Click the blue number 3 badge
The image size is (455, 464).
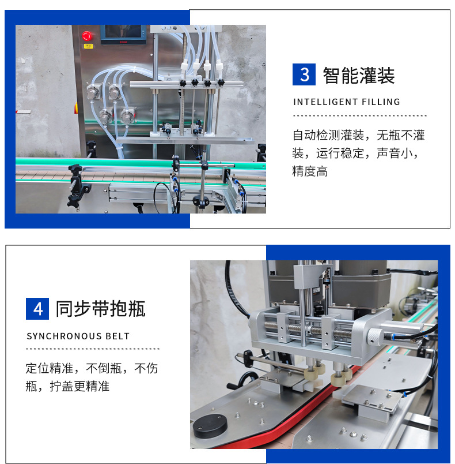(x=304, y=74)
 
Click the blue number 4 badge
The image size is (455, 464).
(x=37, y=308)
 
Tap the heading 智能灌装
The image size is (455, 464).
(x=359, y=75)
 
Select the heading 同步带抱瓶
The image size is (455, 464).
(x=101, y=309)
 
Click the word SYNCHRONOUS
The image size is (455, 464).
(x=62, y=336)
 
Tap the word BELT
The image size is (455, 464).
(x=117, y=336)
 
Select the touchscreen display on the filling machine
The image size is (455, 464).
(x=122, y=34)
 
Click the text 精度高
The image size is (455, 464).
(x=310, y=171)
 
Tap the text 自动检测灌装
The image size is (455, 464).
(x=328, y=136)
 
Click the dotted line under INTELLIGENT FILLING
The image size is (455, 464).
(x=359, y=116)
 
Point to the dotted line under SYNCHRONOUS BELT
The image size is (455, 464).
(x=93, y=349)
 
